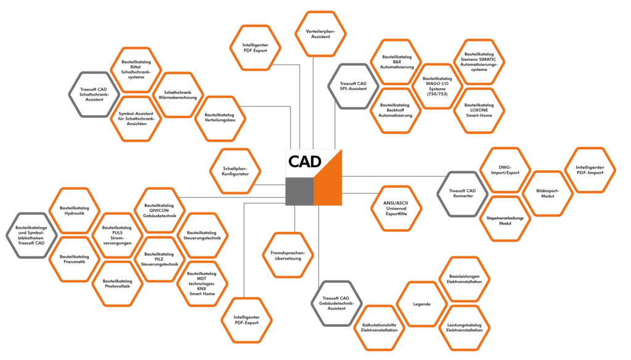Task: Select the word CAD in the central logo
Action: [304, 162]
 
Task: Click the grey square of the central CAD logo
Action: [298, 192]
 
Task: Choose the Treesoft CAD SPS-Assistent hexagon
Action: [353, 86]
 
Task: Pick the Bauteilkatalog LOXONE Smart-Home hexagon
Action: [479, 110]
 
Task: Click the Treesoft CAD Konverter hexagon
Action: [462, 192]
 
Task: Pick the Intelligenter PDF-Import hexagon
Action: [590, 170]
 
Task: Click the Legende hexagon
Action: [421, 305]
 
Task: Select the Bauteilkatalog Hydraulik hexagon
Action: [74, 210]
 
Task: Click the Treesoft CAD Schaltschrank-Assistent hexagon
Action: [94, 94]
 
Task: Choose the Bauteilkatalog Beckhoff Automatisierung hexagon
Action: [396, 110]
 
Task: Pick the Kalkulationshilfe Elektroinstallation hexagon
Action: [380, 327]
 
